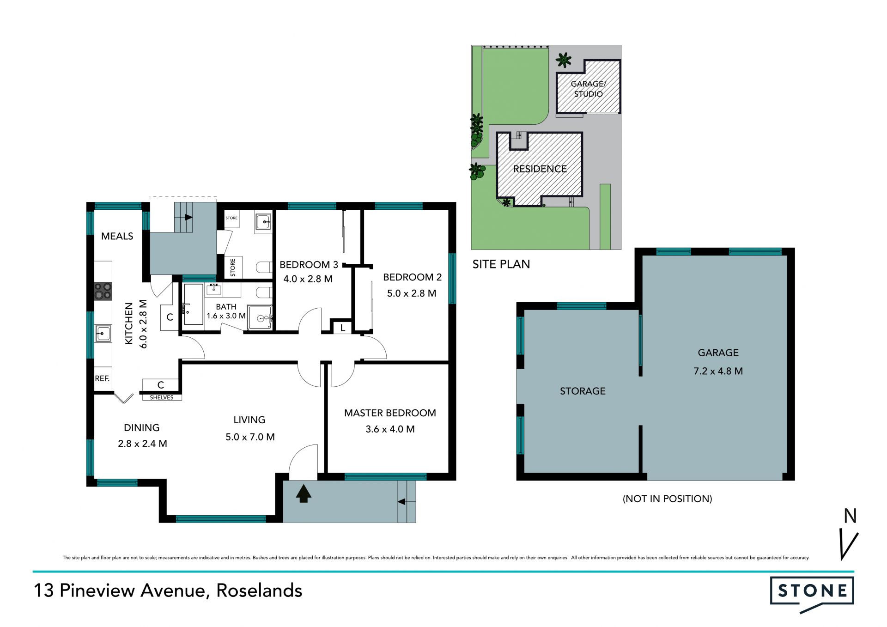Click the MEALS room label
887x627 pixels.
pyautogui.click(x=117, y=236)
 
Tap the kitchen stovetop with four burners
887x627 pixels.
pyautogui.click(x=103, y=291)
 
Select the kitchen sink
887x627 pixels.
pyautogui.click(x=103, y=333)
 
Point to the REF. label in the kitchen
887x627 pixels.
pyautogui.click(x=102, y=378)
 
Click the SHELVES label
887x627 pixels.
pyautogui.click(x=162, y=397)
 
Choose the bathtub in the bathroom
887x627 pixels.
pyautogui.click(x=194, y=304)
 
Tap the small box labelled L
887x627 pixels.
pyautogui.click(x=342, y=327)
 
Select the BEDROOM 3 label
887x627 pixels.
pyautogui.click(x=309, y=265)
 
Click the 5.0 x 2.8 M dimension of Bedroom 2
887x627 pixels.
pyautogui.click(x=412, y=293)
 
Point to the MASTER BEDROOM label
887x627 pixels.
pyautogui.click(x=390, y=413)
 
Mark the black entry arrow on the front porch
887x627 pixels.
pyautogui.click(x=303, y=493)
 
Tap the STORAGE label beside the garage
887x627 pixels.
pyautogui.click(x=583, y=391)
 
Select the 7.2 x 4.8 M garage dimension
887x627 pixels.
pyautogui.click(x=718, y=371)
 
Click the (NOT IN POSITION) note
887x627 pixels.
pyautogui.click(x=668, y=499)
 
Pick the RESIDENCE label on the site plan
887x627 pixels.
pyautogui.click(x=540, y=169)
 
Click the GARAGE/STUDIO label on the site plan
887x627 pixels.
pyautogui.click(x=588, y=89)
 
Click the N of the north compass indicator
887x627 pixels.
pyautogui.click(x=851, y=516)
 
